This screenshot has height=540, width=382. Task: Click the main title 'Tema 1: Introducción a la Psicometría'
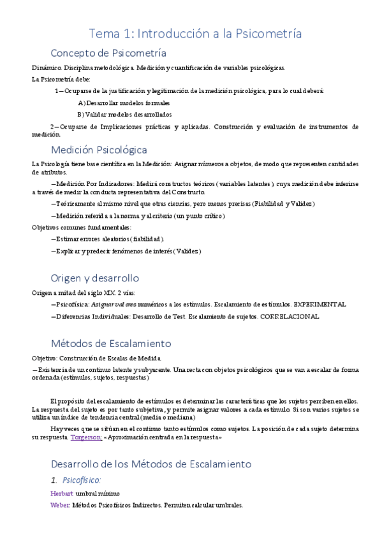[x=195, y=33]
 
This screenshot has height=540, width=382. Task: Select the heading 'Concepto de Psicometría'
[x=108, y=52]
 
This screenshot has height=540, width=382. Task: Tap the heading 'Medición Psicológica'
[x=99, y=150]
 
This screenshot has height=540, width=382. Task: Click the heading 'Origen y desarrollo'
[x=94, y=278]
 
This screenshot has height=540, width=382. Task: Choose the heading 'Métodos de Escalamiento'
[x=111, y=343]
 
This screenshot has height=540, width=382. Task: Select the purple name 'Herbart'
[x=61, y=494]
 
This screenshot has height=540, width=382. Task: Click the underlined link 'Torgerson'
[x=85, y=438]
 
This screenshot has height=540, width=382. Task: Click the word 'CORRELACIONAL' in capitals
[x=290, y=316]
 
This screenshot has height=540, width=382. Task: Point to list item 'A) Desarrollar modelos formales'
[x=124, y=103]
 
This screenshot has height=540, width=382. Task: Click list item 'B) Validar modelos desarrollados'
[x=124, y=115]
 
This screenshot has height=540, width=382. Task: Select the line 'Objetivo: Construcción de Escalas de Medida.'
[x=97, y=358]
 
